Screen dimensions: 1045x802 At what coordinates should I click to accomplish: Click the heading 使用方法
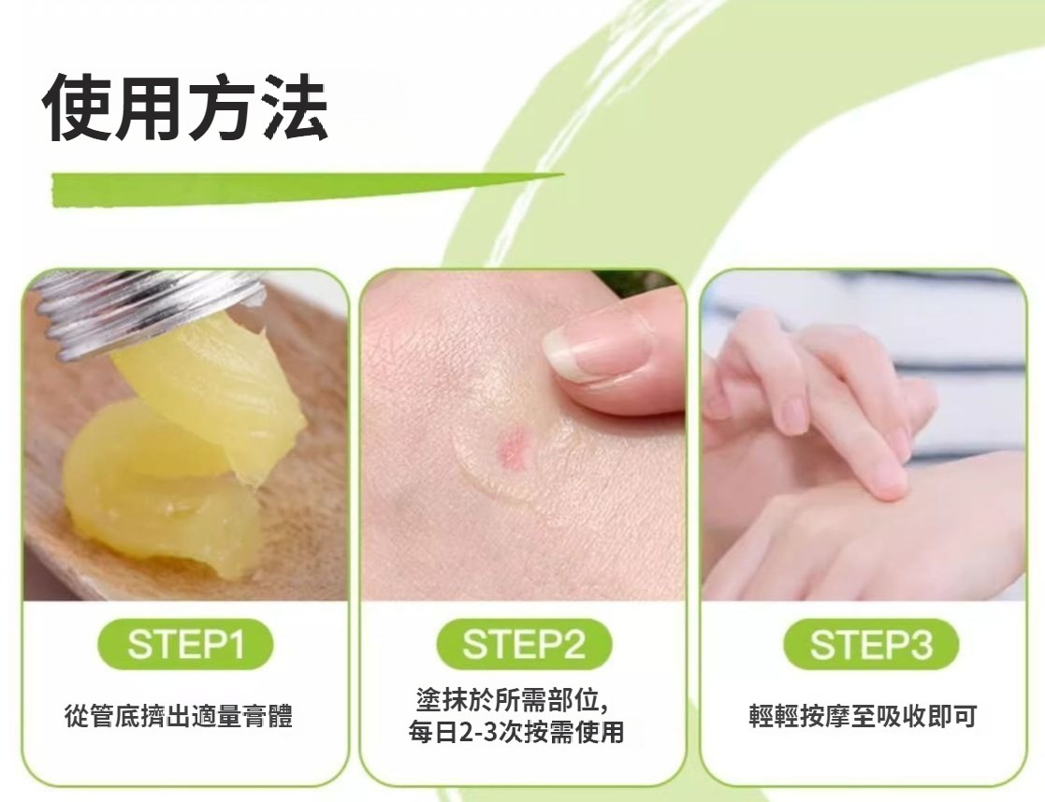184,107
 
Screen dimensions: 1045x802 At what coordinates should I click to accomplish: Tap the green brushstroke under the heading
307,188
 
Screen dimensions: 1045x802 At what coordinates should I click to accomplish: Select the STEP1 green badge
185,644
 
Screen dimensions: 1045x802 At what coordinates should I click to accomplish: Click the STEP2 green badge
524,644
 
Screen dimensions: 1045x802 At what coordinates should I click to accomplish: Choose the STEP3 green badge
871,644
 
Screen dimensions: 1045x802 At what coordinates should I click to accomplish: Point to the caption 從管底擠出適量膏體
179,716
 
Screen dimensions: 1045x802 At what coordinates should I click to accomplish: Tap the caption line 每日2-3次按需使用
516,731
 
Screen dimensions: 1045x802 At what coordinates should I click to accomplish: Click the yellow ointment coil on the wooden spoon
160,490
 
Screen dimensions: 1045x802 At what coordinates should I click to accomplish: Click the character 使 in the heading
77,107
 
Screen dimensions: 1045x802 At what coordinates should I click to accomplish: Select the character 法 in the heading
293,107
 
